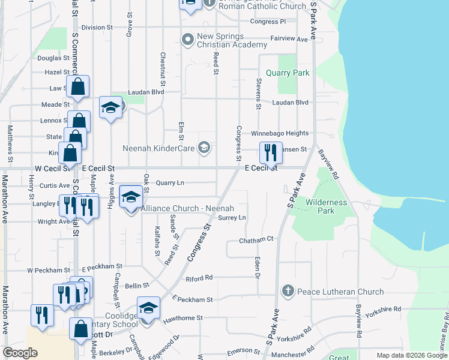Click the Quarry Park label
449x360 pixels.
(x=288, y=73)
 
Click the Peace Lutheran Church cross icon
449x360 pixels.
(x=288, y=292)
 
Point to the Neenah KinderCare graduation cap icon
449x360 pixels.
(x=204, y=148)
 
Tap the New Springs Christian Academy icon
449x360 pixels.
(x=188, y=40)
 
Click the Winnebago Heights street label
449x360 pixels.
(x=279, y=133)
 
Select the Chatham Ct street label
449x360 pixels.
(x=256, y=239)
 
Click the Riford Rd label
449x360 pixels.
(x=199, y=278)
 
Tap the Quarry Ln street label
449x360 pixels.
(x=170, y=182)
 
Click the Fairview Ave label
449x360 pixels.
(x=289, y=38)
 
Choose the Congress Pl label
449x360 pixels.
(x=268, y=22)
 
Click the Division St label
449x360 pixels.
(x=97, y=28)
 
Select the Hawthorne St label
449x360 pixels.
(x=182, y=318)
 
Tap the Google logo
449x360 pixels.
(x=20, y=353)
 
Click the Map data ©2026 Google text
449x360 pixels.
(x=412, y=355)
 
